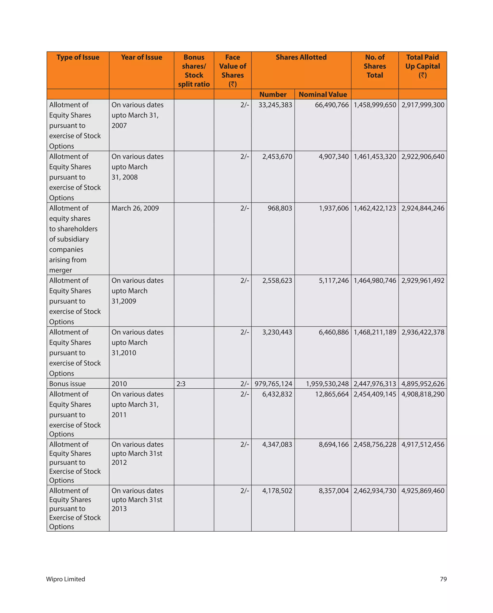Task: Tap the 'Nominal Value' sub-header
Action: (323, 94)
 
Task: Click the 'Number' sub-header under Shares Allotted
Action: (273, 94)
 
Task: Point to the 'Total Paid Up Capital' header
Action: (422, 66)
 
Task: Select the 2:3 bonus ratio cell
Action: (181, 384)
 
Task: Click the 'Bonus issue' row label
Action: (67, 384)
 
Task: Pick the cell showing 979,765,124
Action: (273, 384)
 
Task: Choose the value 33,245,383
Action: (275, 105)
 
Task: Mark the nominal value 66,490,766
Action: (331, 105)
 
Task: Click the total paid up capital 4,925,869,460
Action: (423, 491)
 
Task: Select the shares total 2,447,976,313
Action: (375, 384)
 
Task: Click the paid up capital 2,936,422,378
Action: (423, 332)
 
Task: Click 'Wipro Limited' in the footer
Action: (65, 579)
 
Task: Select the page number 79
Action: (443, 579)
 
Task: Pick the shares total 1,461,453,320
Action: (375, 157)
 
